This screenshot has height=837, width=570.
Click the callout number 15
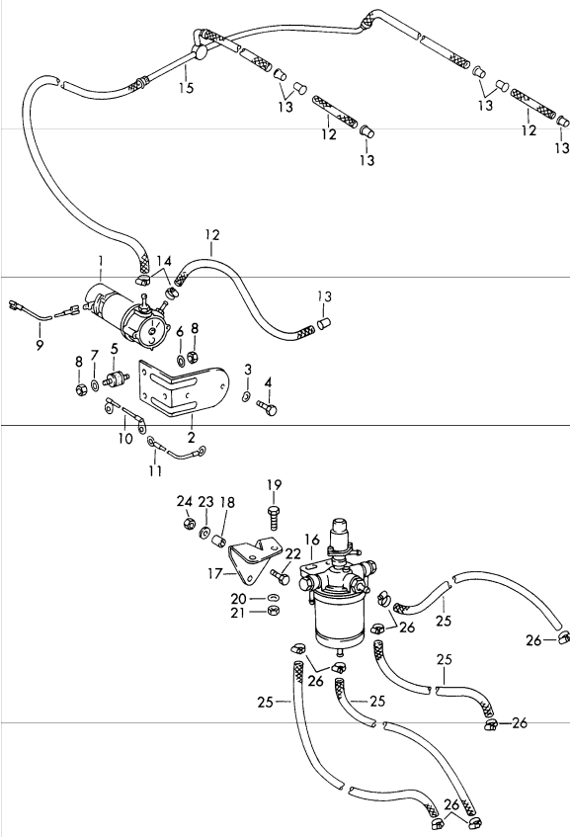tap(186, 88)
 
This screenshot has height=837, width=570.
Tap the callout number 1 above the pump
tap(101, 261)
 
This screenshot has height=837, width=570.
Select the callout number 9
tap(40, 345)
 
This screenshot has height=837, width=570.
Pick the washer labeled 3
tap(246, 396)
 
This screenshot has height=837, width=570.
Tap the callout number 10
tap(125, 439)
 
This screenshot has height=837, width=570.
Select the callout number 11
tap(155, 470)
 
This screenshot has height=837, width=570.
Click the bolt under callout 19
tap(273, 517)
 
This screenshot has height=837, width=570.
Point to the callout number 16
tap(312, 540)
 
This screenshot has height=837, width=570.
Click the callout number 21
tap(237, 614)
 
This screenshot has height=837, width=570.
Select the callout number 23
tap(205, 502)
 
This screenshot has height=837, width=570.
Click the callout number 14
tap(164, 261)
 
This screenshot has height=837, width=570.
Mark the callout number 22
tap(293, 554)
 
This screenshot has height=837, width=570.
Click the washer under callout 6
tap(180, 360)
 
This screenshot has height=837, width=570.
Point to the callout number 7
tap(95, 355)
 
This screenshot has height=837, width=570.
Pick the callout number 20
tap(238, 599)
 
